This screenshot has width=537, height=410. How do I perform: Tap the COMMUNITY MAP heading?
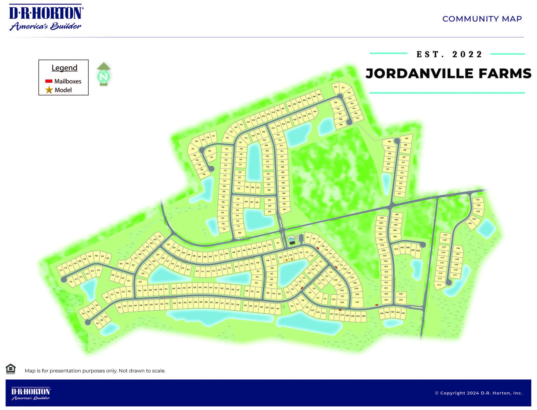(x=482, y=19)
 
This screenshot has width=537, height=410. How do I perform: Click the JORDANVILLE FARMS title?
(x=448, y=73)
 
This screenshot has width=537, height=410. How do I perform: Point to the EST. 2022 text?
(x=449, y=54)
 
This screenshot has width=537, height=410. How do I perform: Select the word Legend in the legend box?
(x=64, y=68)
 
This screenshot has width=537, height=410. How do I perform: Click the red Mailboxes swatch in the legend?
(x=49, y=81)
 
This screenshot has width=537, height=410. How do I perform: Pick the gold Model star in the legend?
(x=49, y=90)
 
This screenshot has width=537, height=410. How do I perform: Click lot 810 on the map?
(x=335, y=87)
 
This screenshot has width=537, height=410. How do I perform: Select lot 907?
(x=407, y=138)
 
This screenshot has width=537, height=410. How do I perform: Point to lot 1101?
(x=478, y=200)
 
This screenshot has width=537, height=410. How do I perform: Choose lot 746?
(x=204, y=174)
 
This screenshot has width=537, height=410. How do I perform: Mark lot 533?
(x=97, y=323)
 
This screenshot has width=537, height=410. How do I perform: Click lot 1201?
(x=403, y=313)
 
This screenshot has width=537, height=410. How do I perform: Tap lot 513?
(x=61, y=270)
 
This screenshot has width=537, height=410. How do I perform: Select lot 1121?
(x=445, y=235)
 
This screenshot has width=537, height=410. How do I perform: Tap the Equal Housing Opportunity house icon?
(x=11, y=369)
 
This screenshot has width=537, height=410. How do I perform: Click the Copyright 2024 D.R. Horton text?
(x=479, y=393)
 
